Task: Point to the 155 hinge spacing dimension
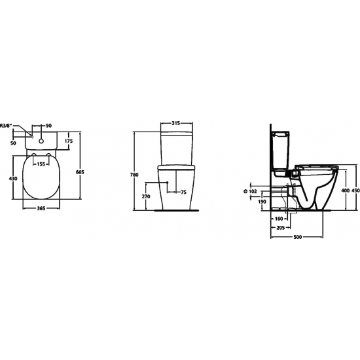(41, 164)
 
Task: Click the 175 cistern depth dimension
(68, 141)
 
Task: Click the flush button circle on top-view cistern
(42, 139)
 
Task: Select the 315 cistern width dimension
(175, 124)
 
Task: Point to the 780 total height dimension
(134, 175)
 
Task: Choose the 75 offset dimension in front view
(183, 192)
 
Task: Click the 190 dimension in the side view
(262, 202)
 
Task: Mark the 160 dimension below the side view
(278, 218)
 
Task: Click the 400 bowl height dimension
(345, 190)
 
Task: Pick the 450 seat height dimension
(355, 190)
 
